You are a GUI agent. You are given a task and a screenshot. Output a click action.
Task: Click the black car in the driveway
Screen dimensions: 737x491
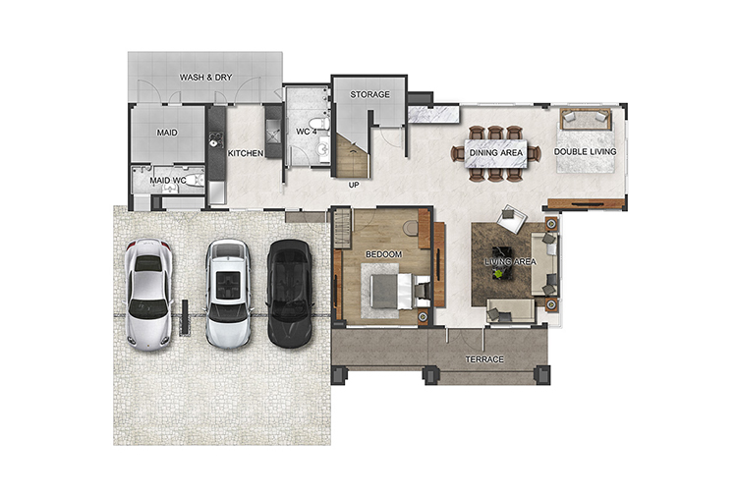coord(290,294)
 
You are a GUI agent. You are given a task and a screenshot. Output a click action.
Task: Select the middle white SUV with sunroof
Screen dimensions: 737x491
coord(228,295)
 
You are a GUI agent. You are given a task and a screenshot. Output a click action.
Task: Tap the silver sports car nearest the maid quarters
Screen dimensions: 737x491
coord(148,295)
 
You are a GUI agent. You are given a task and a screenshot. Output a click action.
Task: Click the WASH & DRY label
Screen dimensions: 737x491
coord(206,77)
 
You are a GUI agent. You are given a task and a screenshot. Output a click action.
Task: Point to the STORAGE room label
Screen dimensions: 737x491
coord(369,94)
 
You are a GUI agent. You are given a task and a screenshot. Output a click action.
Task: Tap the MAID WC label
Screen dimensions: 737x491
coord(168,181)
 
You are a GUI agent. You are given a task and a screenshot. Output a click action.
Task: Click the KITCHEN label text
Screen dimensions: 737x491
coord(246,153)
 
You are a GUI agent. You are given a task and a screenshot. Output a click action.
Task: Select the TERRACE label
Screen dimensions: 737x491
coord(484,359)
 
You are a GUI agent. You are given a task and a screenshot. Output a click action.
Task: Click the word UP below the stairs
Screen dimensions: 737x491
coord(354,186)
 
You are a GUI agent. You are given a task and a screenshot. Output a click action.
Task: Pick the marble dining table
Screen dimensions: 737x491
coord(496,153)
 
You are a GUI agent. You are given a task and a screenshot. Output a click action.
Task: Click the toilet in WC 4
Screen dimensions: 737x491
coord(321,124)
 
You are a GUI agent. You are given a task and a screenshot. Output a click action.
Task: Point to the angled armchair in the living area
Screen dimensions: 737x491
coord(512,218)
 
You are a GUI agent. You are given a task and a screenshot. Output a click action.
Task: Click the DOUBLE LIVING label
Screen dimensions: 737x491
coord(586,152)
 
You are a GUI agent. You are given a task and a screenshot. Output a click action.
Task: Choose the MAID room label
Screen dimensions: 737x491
coord(167,133)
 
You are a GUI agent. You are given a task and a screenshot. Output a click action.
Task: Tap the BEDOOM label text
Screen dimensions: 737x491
coord(384,254)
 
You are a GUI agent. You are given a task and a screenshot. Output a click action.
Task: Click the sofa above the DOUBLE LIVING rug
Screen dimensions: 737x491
coord(586,119)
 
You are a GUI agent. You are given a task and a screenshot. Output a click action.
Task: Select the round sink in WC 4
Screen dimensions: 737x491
coord(323,150)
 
